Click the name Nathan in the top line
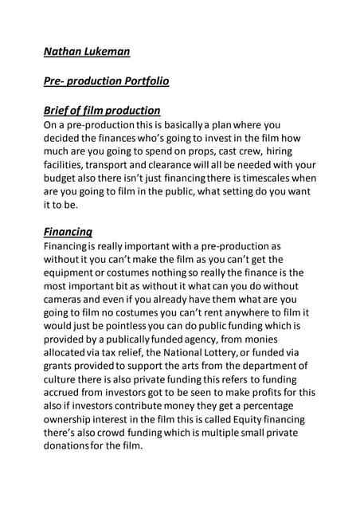[x=63, y=53]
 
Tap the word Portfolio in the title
[x=142, y=81]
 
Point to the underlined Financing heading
[x=68, y=232]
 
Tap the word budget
[x=63, y=178]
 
